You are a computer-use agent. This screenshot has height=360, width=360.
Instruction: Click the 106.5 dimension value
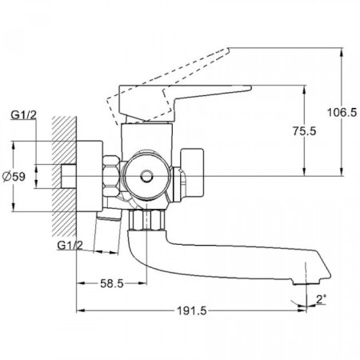tap(342, 112)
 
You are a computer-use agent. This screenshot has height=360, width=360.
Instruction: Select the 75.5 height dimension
tap(304, 131)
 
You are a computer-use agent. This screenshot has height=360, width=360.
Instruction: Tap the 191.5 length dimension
tap(191, 310)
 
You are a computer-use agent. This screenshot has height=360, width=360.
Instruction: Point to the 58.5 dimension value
tap(112, 283)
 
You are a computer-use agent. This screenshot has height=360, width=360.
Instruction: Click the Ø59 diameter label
tap(14, 177)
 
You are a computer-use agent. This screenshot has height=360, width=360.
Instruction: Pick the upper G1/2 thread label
tap(23, 115)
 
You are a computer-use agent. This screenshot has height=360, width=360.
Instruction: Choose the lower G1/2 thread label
tap(70, 246)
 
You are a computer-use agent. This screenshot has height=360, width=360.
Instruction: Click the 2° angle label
tap(321, 300)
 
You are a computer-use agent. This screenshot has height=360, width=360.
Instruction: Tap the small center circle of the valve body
tap(146, 176)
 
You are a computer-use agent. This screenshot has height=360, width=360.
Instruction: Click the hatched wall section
tap(64, 176)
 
